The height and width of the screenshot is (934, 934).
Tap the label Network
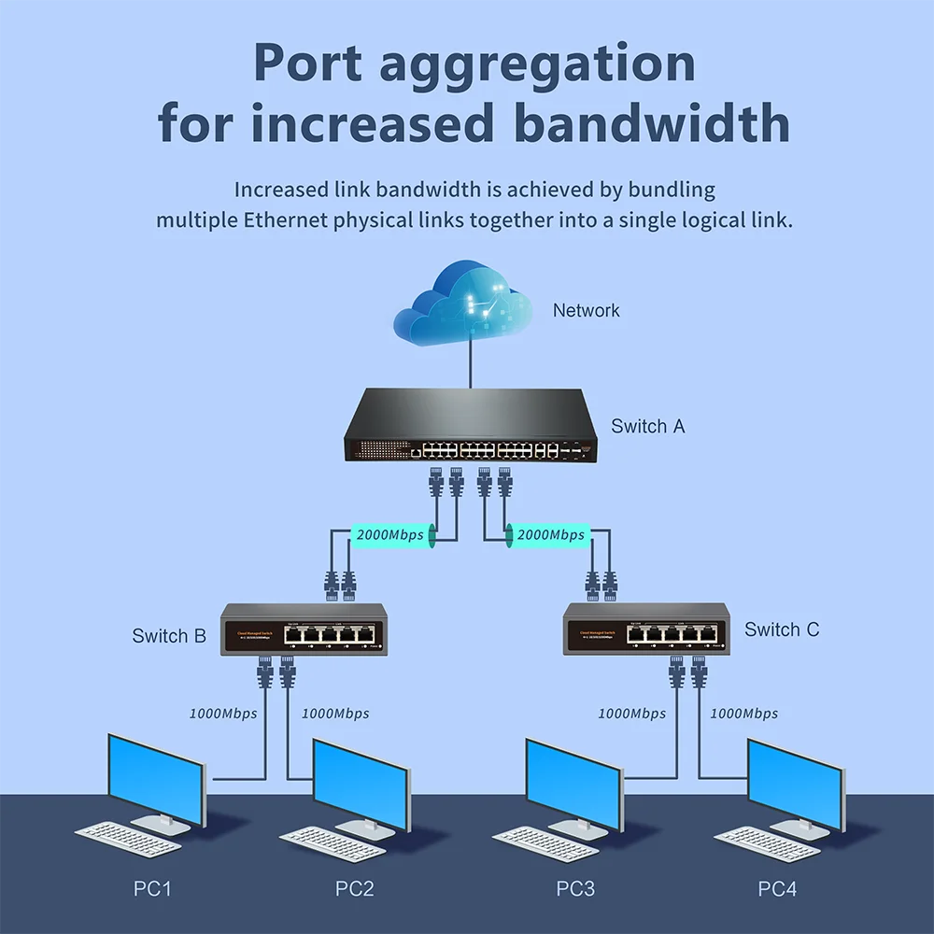(x=586, y=310)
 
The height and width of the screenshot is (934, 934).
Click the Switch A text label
(x=647, y=426)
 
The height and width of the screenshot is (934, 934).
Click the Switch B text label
(x=169, y=636)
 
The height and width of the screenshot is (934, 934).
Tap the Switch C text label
(x=782, y=630)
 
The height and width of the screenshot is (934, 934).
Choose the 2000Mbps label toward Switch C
(x=550, y=535)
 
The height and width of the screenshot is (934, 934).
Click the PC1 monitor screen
(x=156, y=779)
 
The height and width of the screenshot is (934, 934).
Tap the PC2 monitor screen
(x=361, y=783)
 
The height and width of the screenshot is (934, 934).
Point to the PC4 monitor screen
(x=795, y=783)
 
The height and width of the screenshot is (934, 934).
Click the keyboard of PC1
(x=127, y=837)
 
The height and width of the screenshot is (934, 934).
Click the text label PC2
(x=354, y=888)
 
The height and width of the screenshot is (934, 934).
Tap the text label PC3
(x=575, y=888)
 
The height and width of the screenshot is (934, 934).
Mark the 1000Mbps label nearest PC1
(x=222, y=714)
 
